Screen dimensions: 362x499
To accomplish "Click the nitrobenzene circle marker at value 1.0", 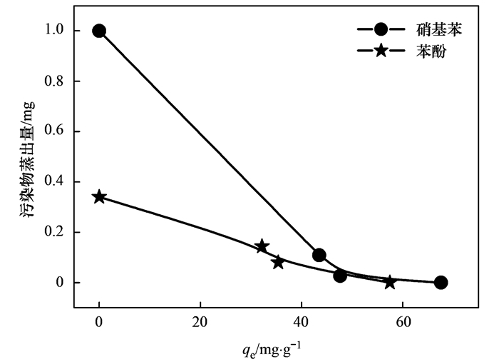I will (x=99, y=31).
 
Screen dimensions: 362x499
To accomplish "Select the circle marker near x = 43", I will (x=319, y=255).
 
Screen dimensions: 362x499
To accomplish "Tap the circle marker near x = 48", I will (x=340, y=276).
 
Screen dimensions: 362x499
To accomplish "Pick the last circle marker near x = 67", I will (x=441, y=283).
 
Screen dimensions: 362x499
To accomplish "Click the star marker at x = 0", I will (x=99, y=197).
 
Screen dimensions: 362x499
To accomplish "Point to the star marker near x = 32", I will (x=262, y=246).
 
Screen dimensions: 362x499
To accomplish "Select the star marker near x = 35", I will (x=277, y=262).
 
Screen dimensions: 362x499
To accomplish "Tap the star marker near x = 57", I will (x=389, y=282).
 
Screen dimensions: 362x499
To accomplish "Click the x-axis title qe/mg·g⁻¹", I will (x=271, y=349).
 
